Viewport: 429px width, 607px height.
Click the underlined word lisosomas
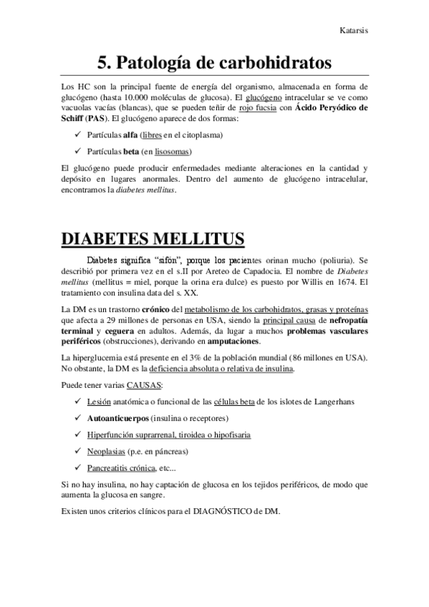click(173, 151)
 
